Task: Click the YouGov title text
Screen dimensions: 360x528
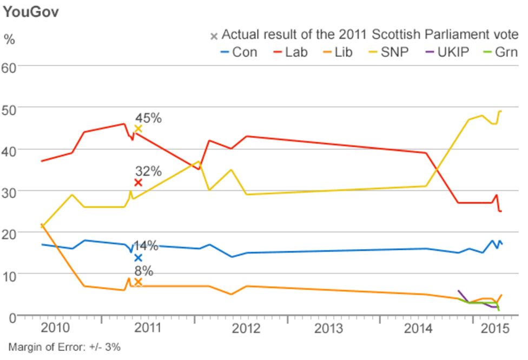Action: (31, 12)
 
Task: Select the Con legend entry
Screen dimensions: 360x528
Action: (239, 52)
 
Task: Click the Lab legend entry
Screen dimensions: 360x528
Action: (289, 52)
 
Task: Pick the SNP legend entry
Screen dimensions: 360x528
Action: (387, 52)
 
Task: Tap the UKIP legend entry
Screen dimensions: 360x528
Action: (444, 52)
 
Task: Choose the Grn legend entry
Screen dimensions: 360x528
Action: (499, 52)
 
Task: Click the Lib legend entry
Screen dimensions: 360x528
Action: (337, 52)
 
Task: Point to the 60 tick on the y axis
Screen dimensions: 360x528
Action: (10, 66)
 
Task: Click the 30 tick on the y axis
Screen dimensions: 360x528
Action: (10, 191)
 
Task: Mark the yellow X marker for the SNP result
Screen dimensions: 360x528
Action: (138, 129)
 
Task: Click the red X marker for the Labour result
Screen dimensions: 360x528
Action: (138, 183)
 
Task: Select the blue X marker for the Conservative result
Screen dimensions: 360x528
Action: (138, 258)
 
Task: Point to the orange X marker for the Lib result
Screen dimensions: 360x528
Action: (138, 282)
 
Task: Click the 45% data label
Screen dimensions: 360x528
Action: (148, 118)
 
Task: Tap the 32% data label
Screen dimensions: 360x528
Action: (148, 171)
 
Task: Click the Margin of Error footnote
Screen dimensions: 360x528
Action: (64, 346)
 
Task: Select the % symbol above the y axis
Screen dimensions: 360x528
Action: (9, 39)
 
